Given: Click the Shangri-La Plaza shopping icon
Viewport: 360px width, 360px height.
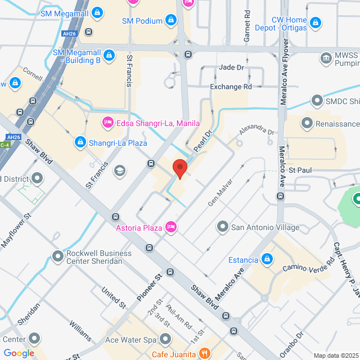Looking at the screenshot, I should point(80,142).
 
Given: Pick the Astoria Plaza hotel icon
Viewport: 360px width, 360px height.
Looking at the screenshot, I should point(171,228).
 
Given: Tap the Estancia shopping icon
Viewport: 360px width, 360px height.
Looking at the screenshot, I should point(268,260).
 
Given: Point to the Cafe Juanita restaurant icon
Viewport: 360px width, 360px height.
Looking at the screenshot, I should point(205,354).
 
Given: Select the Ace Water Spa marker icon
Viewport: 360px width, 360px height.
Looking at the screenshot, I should point(165,340).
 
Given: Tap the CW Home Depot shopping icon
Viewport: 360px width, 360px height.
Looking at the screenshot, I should point(316,23).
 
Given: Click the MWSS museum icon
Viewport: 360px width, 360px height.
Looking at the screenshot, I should point(325,58).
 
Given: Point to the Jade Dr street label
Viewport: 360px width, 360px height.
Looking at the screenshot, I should point(231,67).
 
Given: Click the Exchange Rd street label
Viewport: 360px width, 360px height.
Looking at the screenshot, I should point(231,87).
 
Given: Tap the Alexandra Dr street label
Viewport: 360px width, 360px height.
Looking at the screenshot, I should point(256,131).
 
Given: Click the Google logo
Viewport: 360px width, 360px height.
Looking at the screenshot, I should point(19,353).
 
